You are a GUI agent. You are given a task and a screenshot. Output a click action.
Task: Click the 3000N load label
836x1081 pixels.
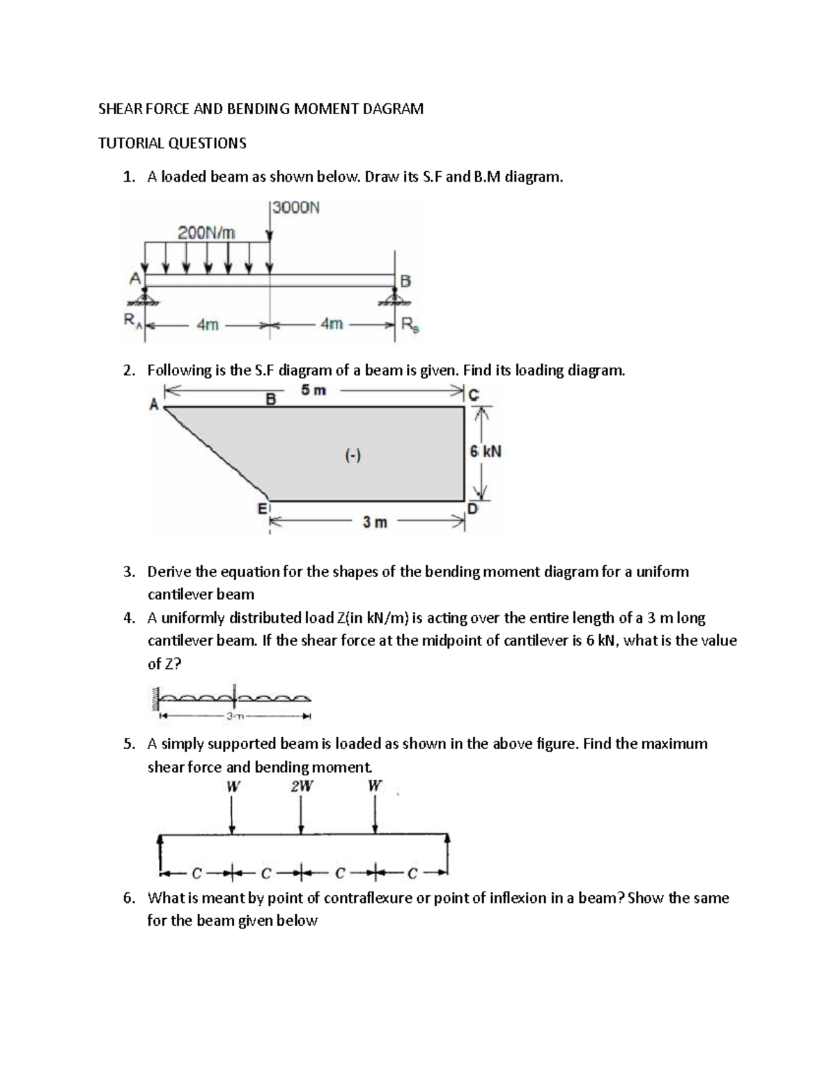click(296, 207)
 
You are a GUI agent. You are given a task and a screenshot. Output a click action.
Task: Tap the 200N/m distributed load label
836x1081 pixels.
click(207, 232)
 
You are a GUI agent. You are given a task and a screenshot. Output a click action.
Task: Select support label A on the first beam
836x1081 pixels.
click(134, 278)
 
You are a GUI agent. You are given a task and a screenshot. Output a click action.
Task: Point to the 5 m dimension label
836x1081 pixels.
click(313, 390)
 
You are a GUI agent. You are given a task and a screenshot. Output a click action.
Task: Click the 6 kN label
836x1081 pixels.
click(485, 452)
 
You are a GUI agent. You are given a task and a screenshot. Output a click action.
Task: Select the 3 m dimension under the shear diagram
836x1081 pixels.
click(374, 522)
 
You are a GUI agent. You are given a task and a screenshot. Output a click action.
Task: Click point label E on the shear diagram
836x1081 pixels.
click(263, 509)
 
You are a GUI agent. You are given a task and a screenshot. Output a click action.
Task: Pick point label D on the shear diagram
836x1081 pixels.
click(473, 510)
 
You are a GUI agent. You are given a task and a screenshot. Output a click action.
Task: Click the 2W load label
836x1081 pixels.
click(302, 787)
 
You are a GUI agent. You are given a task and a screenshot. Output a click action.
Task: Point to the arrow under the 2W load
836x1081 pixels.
click(301, 814)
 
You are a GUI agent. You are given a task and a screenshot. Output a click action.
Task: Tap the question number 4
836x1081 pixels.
click(127, 618)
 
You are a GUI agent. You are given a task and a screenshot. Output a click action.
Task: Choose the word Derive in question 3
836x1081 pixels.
click(169, 572)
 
